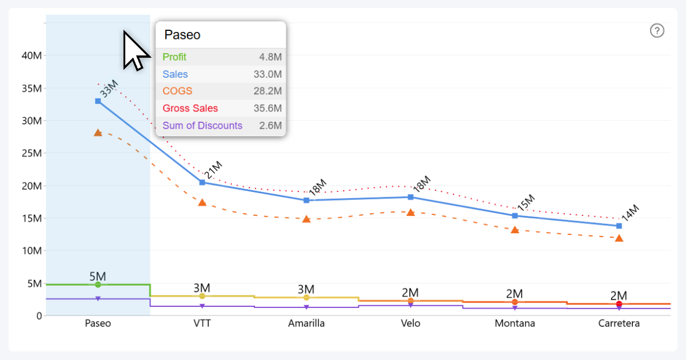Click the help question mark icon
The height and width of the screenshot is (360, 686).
click(x=657, y=31)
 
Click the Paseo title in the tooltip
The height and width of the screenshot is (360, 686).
click(x=182, y=35)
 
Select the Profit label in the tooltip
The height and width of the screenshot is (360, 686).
click(x=174, y=57)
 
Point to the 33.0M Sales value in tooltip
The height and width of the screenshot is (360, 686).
click(x=268, y=74)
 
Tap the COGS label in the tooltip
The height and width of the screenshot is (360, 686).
click(x=177, y=91)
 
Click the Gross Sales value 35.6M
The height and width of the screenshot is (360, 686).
click(x=268, y=109)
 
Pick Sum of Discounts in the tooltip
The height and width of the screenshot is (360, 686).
click(x=202, y=126)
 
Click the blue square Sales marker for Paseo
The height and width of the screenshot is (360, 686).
click(x=98, y=101)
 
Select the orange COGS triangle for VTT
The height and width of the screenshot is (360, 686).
click(x=202, y=202)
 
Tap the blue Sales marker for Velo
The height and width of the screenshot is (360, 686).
click(x=410, y=197)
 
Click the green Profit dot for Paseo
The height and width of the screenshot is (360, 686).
click(x=98, y=285)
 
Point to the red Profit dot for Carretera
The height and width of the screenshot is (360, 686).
click(x=619, y=304)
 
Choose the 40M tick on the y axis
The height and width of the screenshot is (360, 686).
click(x=31, y=56)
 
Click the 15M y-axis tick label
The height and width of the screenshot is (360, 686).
click(x=31, y=218)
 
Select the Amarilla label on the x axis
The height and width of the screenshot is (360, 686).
click(x=306, y=323)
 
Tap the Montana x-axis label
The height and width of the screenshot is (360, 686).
click(x=515, y=323)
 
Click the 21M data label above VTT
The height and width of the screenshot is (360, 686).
click(x=213, y=170)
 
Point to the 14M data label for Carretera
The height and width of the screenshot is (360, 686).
click(x=629, y=213)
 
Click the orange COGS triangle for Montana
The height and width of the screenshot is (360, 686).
click(x=515, y=230)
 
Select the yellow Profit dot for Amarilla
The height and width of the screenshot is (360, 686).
click(x=306, y=298)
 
